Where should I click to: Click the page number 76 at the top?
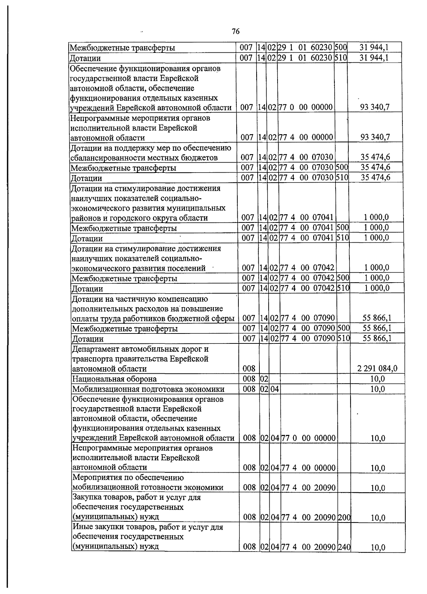[x=236, y=31]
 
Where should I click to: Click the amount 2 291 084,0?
[x=377, y=369]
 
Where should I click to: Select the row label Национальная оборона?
[x=114, y=379]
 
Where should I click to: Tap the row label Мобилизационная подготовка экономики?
[x=148, y=389]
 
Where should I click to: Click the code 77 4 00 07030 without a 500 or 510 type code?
[x=306, y=157]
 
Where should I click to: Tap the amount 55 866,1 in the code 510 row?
[x=377, y=338]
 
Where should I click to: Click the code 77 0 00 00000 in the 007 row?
[x=305, y=107]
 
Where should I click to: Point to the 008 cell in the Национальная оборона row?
[x=249, y=379]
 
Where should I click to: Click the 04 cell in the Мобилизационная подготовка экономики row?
[x=275, y=389]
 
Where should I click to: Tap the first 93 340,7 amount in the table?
[x=375, y=107]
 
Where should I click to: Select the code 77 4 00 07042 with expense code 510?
[x=307, y=288]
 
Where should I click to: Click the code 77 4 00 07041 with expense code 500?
[x=306, y=227]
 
